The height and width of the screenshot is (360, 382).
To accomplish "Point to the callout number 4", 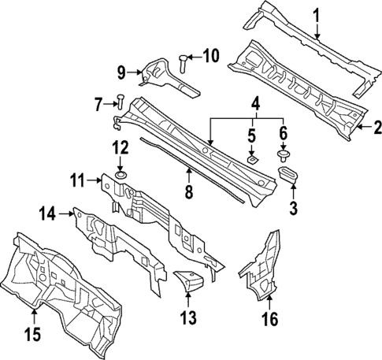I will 254,104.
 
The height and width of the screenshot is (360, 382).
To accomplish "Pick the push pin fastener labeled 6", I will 283,153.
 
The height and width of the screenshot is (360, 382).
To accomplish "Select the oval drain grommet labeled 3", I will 290,173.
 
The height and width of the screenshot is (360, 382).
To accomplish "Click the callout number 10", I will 211,55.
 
